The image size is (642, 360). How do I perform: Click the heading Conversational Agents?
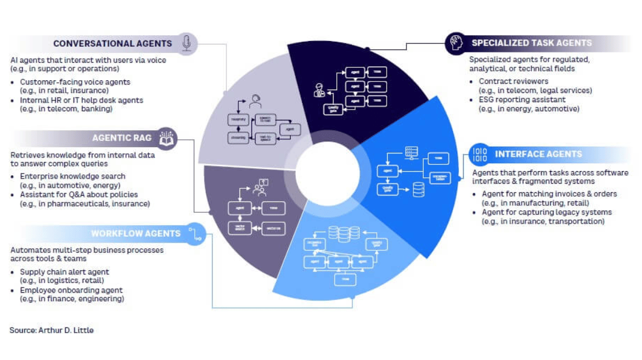112,43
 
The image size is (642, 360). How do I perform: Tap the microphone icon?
186,43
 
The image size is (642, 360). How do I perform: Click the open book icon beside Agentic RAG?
167,139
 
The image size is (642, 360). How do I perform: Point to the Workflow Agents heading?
136,233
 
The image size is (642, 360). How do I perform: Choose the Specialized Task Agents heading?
531,43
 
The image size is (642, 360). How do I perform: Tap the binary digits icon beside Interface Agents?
480,154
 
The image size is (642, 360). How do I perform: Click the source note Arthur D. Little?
51,330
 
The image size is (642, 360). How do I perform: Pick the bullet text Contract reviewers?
513,82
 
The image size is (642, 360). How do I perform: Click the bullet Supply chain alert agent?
64,272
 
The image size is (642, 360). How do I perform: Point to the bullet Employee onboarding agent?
71,290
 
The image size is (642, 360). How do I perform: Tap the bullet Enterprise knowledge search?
72,176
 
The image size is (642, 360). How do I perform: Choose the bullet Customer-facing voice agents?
75,82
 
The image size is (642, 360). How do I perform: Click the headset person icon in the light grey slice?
255,102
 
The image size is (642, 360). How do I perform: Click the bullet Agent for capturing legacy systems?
546,212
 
